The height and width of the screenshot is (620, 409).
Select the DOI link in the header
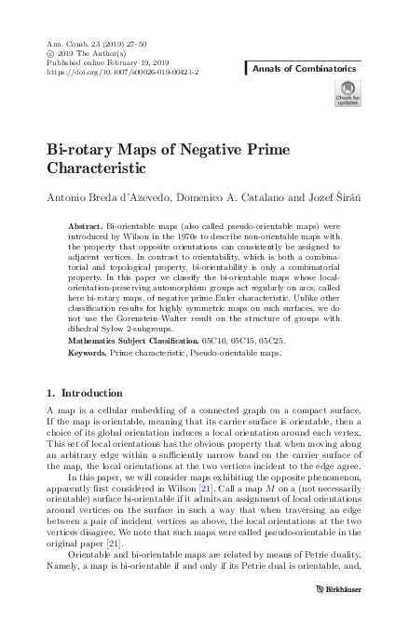(122, 71)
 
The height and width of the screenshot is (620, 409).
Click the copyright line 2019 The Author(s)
(87, 52)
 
